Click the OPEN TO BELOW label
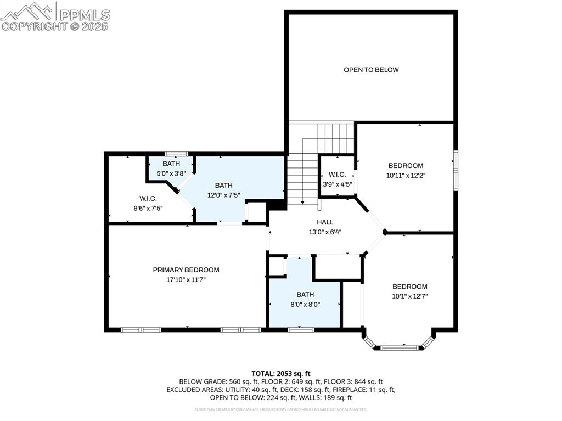pos(371,70)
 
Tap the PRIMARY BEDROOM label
pos(186,270)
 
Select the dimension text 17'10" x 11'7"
pos(186,279)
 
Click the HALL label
pos(325,222)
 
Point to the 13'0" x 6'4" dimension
pos(325,231)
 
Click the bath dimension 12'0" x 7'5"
pos(223,195)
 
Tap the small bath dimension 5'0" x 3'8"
pos(171,173)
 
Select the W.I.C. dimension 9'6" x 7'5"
pos(148,208)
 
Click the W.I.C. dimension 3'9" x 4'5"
pos(336,184)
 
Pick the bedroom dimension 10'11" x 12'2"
pos(406,176)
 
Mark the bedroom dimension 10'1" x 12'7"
pos(409,296)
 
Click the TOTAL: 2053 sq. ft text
pos(281,373)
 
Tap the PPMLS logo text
pos(85,14)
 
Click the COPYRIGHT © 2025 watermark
pos(55,26)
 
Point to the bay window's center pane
pos(399,347)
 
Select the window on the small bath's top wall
pos(177,154)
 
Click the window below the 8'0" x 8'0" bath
pos(301,329)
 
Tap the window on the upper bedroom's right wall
pos(455,171)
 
